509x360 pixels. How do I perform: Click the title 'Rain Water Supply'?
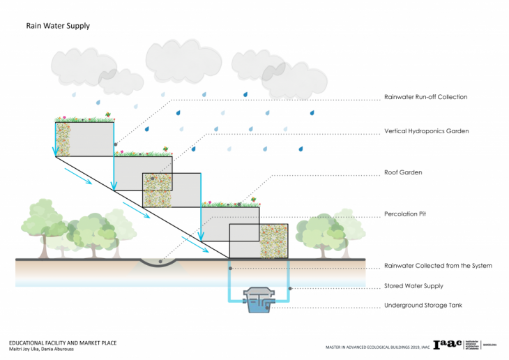[58, 26]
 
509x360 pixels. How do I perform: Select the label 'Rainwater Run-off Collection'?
[425, 97]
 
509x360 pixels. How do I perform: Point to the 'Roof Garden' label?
[402, 172]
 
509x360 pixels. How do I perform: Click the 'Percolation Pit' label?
[407, 213]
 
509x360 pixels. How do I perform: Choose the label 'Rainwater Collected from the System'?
[438, 266]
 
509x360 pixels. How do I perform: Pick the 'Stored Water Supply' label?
[413, 286]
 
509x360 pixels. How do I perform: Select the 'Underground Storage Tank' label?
[422, 306]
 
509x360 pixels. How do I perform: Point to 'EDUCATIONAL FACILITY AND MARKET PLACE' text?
[62, 343]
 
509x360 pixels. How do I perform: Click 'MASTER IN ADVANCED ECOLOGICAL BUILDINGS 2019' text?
[370, 347]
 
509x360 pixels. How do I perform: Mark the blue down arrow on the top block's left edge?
[56, 140]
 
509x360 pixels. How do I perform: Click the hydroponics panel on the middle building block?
[158, 190]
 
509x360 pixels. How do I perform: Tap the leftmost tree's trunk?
[43, 246]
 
